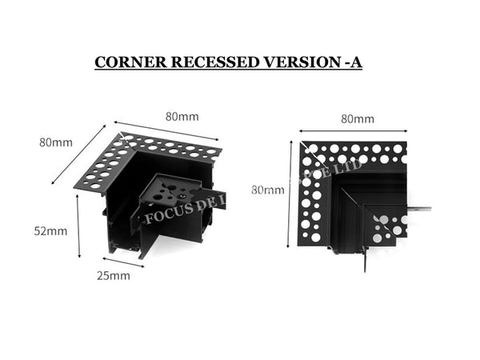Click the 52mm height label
[52, 231]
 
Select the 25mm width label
[114, 276]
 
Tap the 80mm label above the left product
[182, 116]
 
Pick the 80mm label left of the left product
[56, 143]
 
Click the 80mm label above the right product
[357, 119]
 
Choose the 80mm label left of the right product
[267, 190]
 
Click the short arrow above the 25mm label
[122, 261]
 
